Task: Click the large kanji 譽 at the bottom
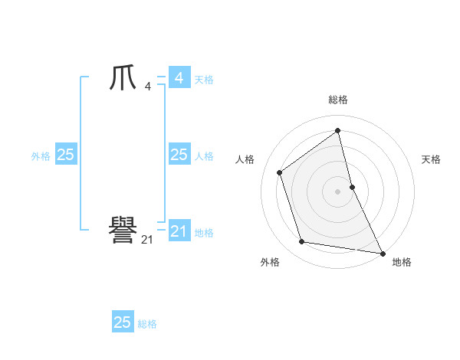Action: click(x=123, y=230)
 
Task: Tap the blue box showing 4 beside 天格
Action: click(x=179, y=78)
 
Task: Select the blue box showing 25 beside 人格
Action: click(x=179, y=155)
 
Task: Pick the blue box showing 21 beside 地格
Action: click(x=179, y=231)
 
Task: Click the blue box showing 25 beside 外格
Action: click(x=65, y=155)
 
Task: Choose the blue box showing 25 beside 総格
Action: click(x=123, y=322)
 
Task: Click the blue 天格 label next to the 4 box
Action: click(x=204, y=80)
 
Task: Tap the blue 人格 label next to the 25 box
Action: click(x=204, y=156)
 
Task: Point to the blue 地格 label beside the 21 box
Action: click(x=204, y=233)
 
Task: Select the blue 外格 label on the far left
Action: click(x=41, y=156)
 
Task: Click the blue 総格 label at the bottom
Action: click(x=147, y=324)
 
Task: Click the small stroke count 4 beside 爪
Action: click(x=147, y=86)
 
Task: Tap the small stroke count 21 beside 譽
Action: click(x=147, y=239)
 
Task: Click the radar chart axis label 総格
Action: click(x=338, y=100)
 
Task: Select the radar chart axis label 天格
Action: click(x=432, y=159)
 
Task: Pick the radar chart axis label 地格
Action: click(x=402, y=262)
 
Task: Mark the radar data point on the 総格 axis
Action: click(x=338, y=131)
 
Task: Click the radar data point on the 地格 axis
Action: click(x=383, y=252)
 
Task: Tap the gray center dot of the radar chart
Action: click(x=338, y=191)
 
